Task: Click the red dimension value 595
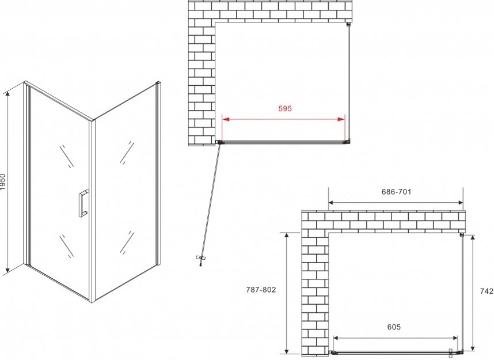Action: point(285,108)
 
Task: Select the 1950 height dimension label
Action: point(3,181)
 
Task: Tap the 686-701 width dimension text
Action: point(396,192)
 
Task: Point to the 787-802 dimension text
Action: point(261,289)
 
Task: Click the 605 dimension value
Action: point(394,327)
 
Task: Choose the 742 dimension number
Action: point(487,291)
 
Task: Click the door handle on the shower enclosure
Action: point(83,203)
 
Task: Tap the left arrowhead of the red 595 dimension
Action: point(226,119)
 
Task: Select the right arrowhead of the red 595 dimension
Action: point(341,119)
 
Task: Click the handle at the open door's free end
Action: point(200,259)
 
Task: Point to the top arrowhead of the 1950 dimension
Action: point(7,92)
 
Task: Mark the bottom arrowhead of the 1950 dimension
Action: point(7,270)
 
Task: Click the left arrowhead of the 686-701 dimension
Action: point(332,203)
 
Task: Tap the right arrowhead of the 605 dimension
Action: point(455,338)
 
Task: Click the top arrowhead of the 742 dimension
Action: point(473,237)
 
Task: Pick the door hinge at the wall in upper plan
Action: point(219,142)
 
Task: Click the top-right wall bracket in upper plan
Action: point(348,24)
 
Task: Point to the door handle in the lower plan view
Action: point(451,353)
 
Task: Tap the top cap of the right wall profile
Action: point(158,83)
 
